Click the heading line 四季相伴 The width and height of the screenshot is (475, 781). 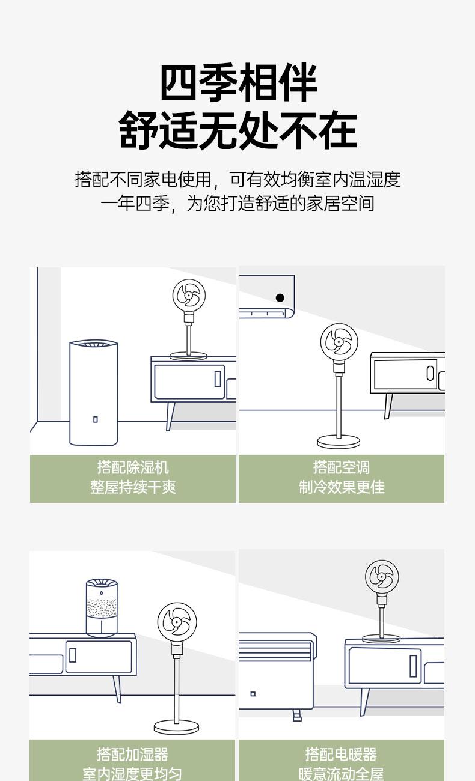click(x=238, y=82)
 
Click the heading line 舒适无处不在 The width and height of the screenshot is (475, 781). click(x=237, y=129)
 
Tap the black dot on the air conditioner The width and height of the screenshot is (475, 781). click(x=280, y=298)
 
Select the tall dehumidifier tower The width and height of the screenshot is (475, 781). click(x=94, y=392)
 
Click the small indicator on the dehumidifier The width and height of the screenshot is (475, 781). click(x=95, y=419)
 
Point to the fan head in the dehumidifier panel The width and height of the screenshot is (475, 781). click(x=189, y=295)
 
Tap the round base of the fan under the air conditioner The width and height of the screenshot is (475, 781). click(x=338, y=442)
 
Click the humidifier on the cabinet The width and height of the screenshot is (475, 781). click(x=102, y=608)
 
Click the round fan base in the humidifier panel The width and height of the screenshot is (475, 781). click(x=177, y=728)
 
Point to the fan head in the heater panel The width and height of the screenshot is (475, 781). click(x=382, y=577)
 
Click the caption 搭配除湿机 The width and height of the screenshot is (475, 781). click(x=133, y=467)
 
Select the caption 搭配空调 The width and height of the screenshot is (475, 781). click(x=342, y=467)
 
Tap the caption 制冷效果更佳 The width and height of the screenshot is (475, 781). click(x=342, y=487)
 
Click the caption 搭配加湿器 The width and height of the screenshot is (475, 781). click(x=133, y=755)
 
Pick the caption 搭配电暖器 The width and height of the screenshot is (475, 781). click(x=341, y=755)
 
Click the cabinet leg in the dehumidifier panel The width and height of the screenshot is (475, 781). click(x=170, y=416)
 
